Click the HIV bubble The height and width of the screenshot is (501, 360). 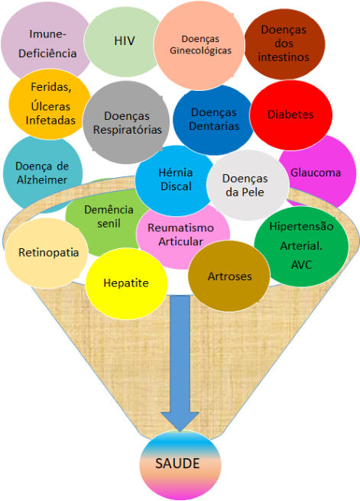123,42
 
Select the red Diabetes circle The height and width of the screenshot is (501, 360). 291,115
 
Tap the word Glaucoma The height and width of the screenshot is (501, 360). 316,173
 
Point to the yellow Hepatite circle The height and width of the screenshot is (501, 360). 126,283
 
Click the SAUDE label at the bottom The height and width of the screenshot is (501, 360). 177,464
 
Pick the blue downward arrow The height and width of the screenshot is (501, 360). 180,364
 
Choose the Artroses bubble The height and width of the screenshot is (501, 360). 229,276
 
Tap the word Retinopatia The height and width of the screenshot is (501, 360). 49,253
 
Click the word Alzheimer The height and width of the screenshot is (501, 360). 42,180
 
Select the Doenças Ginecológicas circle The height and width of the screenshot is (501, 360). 199,45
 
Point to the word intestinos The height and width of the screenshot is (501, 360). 284,57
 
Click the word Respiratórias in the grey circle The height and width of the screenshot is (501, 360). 127,130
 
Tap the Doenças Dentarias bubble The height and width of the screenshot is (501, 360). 213,120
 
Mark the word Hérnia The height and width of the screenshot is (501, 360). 176,173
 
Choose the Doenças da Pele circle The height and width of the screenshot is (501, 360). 248,186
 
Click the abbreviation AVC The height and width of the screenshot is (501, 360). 301,265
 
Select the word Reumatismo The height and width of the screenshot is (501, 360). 180,228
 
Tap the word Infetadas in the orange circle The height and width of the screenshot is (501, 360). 50,120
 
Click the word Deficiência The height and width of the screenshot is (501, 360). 47,53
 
